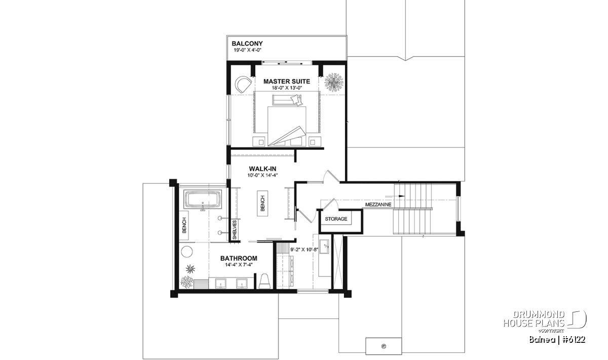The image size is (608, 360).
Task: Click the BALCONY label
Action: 247,44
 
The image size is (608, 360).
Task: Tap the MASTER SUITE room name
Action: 287,82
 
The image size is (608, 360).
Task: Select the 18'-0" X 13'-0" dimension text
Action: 287,88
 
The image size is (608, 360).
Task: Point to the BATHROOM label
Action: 239,258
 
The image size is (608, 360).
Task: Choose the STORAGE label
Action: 336,219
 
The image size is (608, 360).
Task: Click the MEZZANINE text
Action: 378,205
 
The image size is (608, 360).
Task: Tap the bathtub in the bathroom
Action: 203,201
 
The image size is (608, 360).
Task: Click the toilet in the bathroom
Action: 264,281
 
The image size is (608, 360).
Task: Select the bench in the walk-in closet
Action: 262,204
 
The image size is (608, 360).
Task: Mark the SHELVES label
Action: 235,230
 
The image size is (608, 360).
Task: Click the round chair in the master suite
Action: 243,85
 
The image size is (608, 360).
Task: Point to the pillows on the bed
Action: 296,100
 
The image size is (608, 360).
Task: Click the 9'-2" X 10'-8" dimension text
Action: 304,250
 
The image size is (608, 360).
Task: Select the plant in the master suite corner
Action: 333,82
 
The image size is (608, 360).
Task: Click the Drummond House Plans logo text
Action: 534,318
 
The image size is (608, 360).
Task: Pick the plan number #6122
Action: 573,340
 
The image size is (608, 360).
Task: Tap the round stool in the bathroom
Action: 187,252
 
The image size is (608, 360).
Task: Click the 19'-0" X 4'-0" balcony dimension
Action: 247,50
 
